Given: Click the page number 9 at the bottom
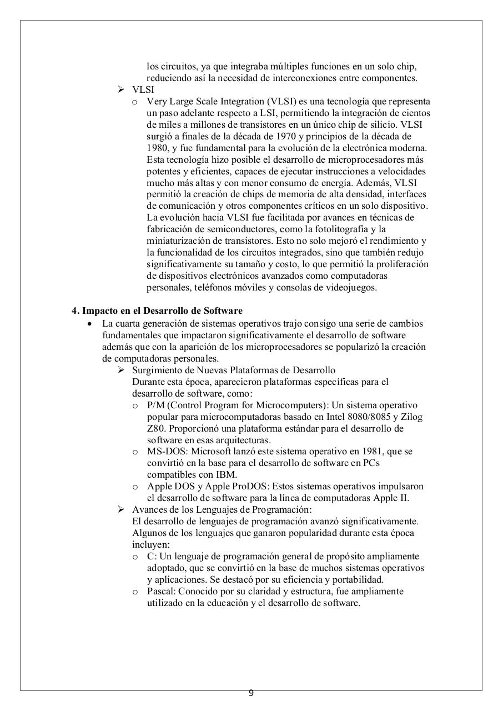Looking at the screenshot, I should (x=251, y=693).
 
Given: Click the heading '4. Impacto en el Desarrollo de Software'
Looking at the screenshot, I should (x=157, y=311).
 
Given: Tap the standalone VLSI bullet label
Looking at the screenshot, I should (x=143, y=89).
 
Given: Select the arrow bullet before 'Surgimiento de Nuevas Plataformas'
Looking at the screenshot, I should (x=121, y=370).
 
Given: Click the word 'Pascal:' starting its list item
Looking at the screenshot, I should (x=162, y=591).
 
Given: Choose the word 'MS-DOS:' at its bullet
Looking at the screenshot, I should (x=165, y=452).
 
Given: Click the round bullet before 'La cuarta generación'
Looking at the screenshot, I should (x=89, y=323).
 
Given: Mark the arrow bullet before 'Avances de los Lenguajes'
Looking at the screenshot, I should (x=121, y=509).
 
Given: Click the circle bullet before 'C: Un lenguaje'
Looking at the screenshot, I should (x=135, y=557).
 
